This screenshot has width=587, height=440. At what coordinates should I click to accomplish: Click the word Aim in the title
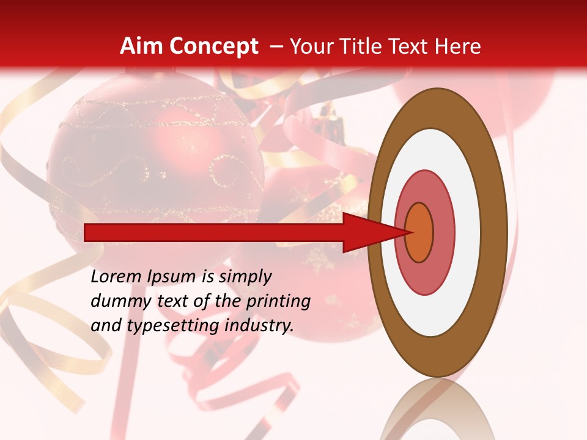click(141, 46)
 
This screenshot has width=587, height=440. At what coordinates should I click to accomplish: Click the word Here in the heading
click(458, 46)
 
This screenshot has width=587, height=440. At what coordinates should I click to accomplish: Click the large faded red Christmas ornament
click(153, 159)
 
